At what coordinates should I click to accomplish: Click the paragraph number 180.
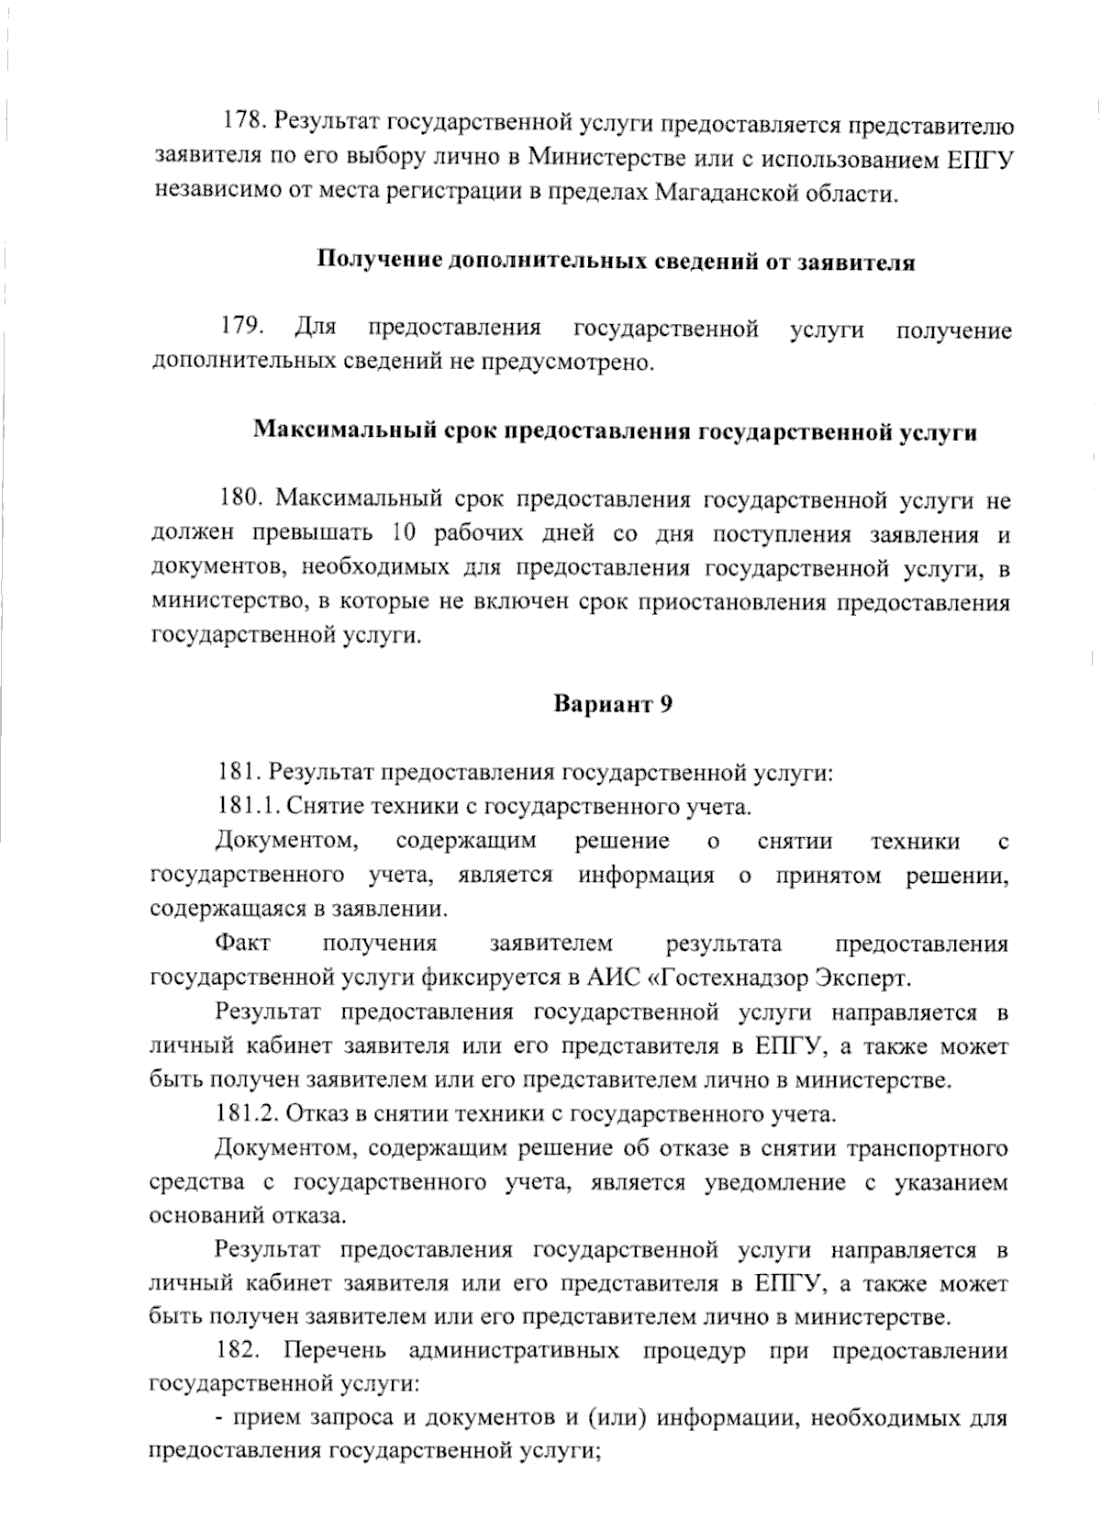pyautogui.click(x=242, y=500)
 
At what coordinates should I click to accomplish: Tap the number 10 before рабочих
pyautogui.click(x=402, y=534)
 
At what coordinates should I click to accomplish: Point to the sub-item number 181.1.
pyautogui.click(x=247, y=807)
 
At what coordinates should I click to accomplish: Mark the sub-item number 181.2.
pyautogui.click(x=247, y=1114)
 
